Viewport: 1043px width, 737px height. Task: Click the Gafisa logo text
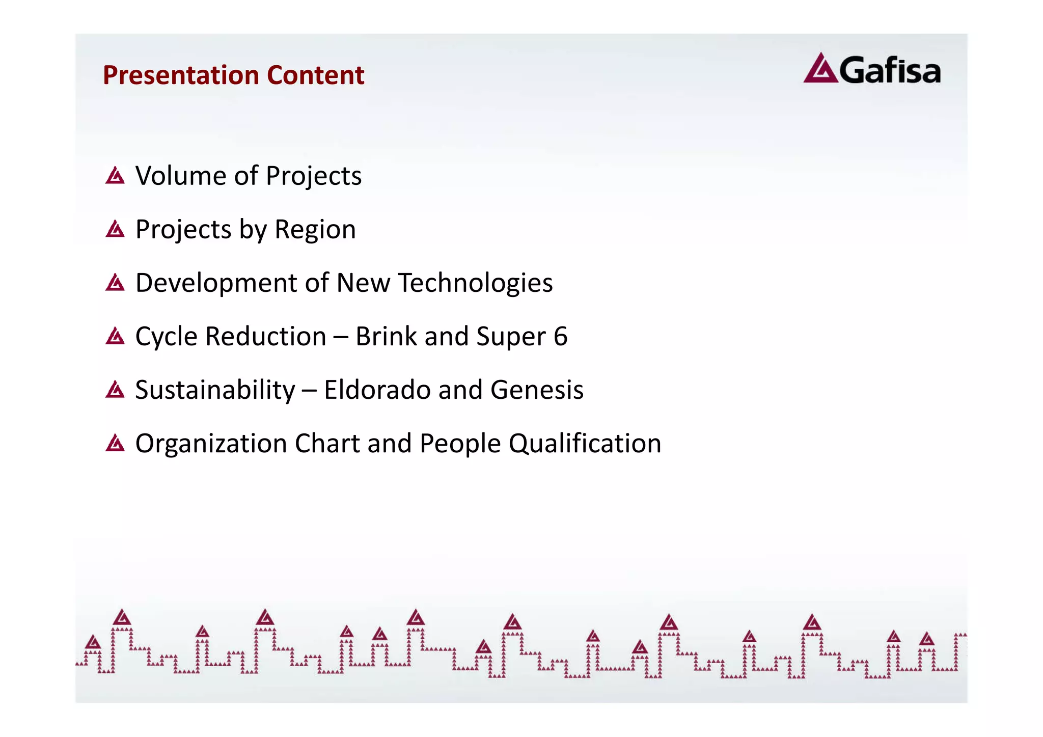pos(889,70)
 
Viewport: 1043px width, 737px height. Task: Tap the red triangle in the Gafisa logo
pos(820,69)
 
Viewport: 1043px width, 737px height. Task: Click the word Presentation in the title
pos(181,75)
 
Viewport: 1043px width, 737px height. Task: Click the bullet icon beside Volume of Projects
pos(115,176)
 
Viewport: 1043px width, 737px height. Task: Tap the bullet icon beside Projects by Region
pos(115,229)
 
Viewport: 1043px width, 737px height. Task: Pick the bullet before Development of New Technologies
pos(115,283)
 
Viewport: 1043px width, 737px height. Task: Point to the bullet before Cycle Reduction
pos(115,336)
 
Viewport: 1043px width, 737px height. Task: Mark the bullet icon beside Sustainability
pos(115,390)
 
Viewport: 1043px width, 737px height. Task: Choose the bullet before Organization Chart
pos(115,443)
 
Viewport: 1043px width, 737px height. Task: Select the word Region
pos(315,230)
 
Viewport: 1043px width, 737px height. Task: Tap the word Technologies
pos(475,283)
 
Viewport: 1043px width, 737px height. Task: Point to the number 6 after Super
pos(560,336)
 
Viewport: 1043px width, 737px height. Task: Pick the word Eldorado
pos(377,390)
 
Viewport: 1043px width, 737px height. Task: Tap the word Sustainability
pos(215,390)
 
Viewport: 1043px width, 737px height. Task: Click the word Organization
pos(211,443)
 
